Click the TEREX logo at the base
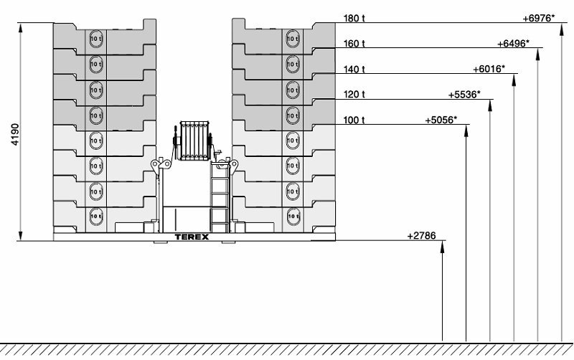tap(192, 236)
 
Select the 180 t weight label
tap(354, 18)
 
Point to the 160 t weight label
tap(354, 44)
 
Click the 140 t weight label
tap(354, 70)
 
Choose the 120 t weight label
tap(354, 95)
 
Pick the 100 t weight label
tap(354, 120)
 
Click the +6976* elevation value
tap(540, 18)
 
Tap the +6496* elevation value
tap(513, 44)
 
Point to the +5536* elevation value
tap(464, 95)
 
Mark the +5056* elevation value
tap(441, 120)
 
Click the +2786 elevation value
tap(421, 235)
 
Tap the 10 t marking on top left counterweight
tap(95, 38)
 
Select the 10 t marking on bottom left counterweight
tap(95, 216)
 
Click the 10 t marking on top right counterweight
tap(292, 38)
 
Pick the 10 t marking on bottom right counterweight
tap(292, 216)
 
